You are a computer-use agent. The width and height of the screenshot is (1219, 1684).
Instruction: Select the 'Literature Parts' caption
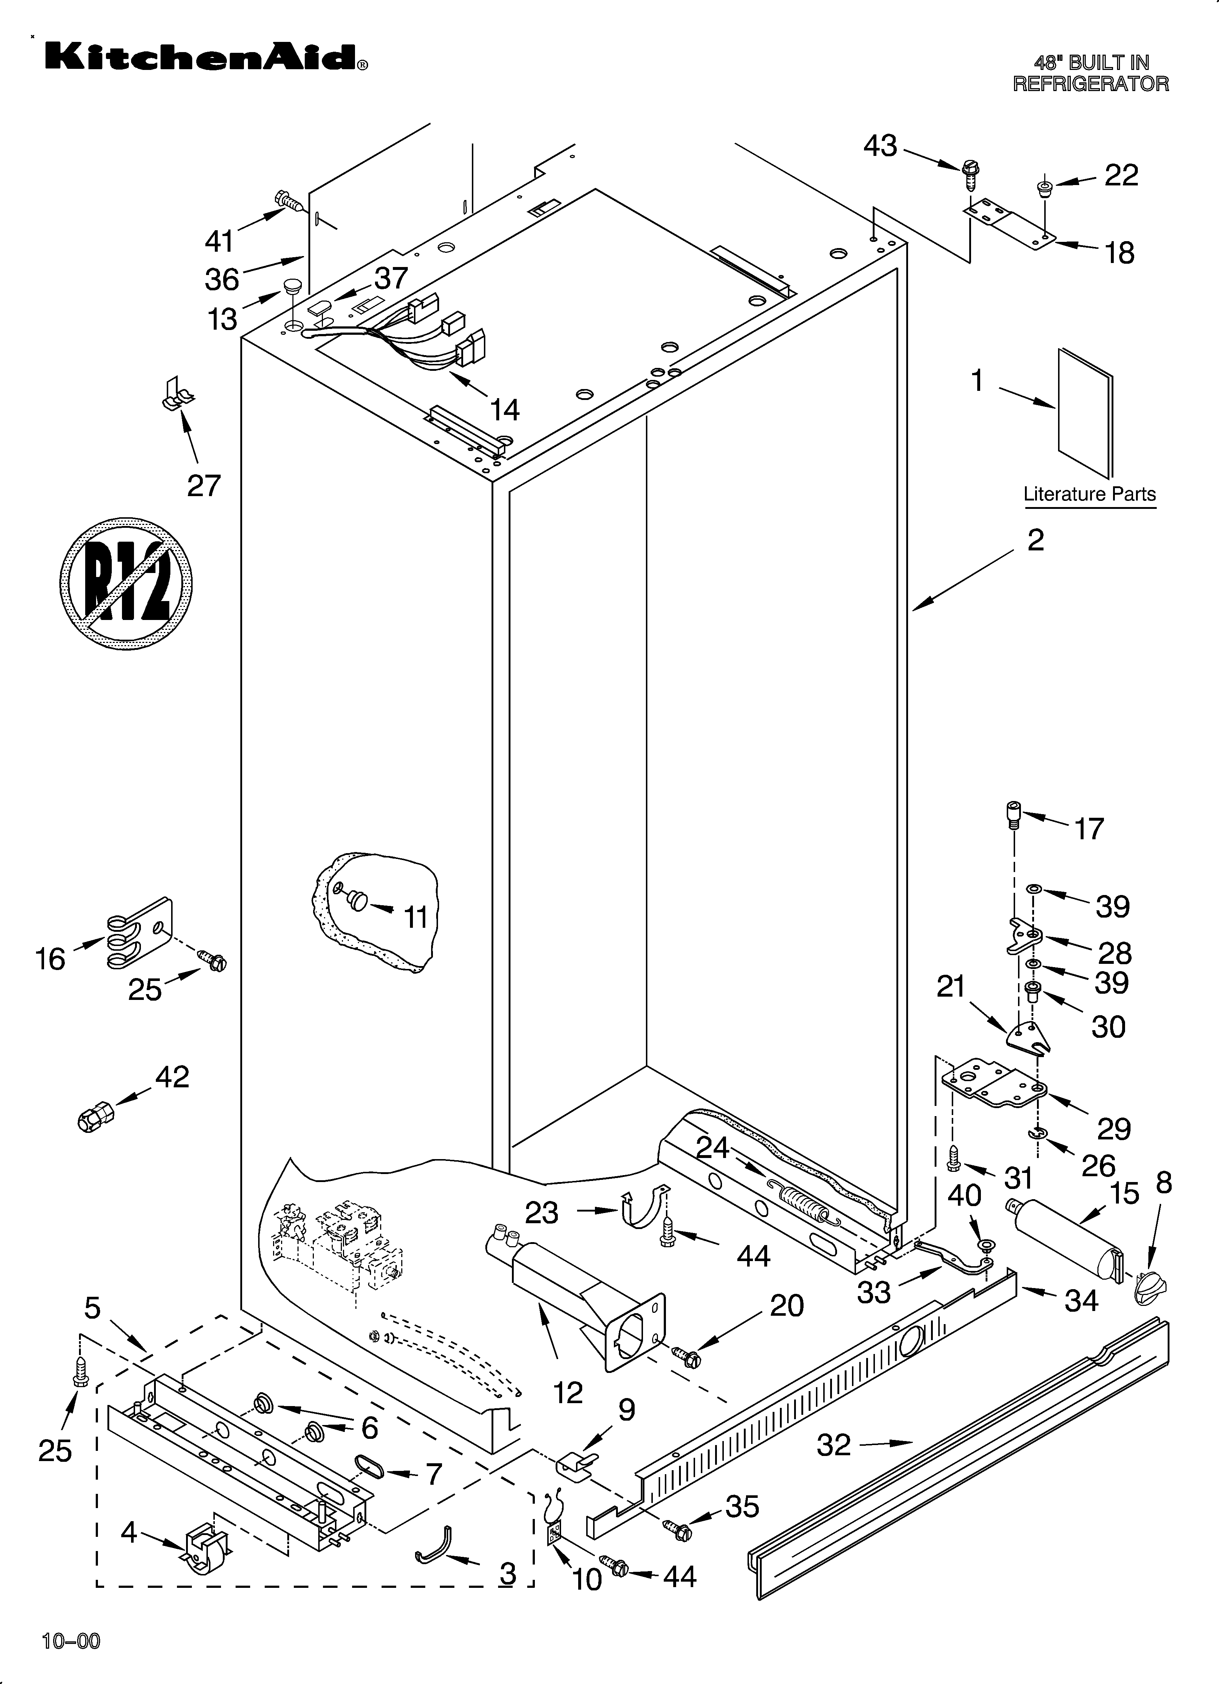(x=1089, y=494)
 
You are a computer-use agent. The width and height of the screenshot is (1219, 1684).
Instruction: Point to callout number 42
(x=172, y=1077)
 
